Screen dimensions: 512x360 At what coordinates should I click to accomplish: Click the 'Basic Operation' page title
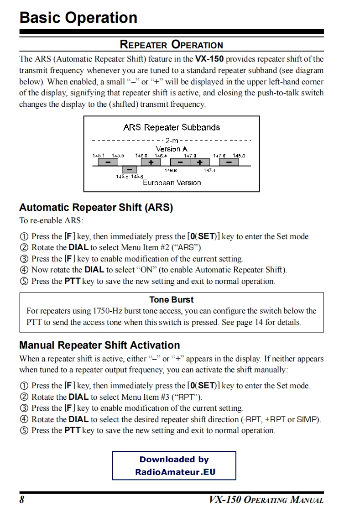(78, 18)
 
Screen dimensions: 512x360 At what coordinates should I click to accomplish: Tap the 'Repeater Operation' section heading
(171, 45)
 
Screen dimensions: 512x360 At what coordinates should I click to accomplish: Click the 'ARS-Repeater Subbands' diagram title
(171, 127)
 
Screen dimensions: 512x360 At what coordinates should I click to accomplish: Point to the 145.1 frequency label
(99, 156)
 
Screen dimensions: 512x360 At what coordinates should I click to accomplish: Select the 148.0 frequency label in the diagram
(239, 156)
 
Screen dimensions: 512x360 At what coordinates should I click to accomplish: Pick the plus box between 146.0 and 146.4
(151, 162)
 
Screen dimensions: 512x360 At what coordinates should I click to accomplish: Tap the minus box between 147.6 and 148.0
(229, 162)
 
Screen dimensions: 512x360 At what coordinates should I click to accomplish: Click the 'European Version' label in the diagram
(172, 183)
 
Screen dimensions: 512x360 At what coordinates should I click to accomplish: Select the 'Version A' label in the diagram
(171, 149)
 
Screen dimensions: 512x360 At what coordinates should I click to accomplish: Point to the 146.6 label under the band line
(171, 171)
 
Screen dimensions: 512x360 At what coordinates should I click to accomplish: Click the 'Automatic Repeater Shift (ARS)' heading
(96, 208)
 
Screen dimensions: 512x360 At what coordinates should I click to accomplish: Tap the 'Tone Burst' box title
(171, 300)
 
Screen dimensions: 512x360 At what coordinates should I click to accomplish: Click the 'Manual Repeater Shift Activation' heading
(99, 345)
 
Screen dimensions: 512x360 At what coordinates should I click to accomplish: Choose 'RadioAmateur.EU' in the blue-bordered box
(175, 472)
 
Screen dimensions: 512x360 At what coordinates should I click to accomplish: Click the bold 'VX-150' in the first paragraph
(209, 59)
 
